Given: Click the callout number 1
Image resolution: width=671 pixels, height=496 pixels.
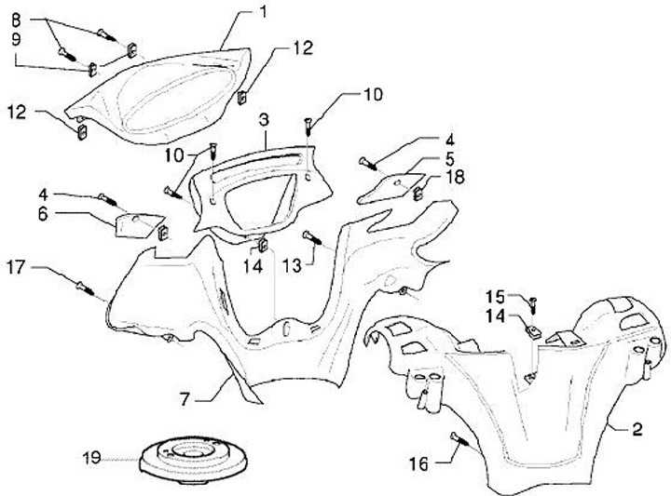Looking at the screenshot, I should [264, 12].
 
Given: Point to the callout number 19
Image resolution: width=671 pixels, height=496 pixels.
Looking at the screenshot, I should [90, 459].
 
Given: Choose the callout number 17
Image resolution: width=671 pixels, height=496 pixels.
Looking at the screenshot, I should [16, 268].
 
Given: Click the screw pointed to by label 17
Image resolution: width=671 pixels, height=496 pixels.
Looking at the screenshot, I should [89, 289].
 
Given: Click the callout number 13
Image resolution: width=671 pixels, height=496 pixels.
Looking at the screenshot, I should [292, 266].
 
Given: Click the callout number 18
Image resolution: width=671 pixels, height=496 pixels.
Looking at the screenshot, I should [455, 177].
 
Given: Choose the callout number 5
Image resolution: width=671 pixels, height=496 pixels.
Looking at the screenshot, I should [448, 158].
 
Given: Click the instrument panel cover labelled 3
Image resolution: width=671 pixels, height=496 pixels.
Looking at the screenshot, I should [252, 191].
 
